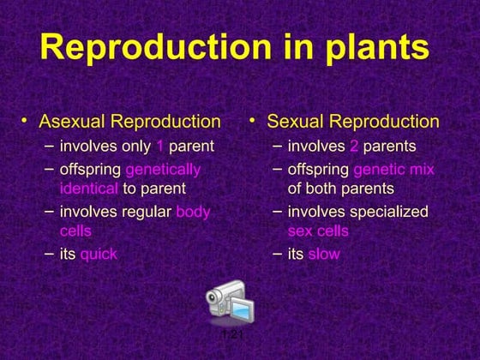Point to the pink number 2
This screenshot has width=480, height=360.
tap(354, 147)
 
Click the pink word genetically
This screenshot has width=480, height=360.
tap(163, 170)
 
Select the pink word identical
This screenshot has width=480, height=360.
tap(88, 188)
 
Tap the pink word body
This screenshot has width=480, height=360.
tap(193, 212)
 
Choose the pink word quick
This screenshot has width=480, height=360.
tap(99, 254)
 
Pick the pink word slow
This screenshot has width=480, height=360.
tap(323, 254)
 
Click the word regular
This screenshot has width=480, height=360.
tap(144, 212)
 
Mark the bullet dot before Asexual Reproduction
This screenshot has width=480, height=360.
tap(25, 123)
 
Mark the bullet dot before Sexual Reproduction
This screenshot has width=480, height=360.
tap(253, 123)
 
